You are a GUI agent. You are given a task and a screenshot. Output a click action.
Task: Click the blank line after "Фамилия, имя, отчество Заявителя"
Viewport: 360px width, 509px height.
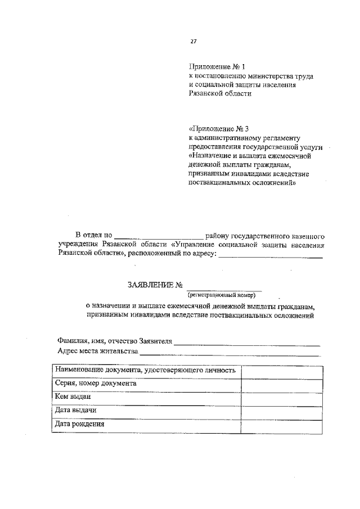click(x=247, y=341)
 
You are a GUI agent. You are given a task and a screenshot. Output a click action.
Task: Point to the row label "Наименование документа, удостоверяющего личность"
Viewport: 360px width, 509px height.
click(x=146, y=371)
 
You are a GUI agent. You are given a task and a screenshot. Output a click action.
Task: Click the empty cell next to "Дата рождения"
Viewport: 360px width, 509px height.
click(x=282, y=426)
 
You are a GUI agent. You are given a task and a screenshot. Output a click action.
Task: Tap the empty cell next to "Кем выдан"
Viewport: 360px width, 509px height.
click(x=282, y=398)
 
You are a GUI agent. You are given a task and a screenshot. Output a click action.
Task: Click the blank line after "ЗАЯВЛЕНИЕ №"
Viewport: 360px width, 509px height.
click(x=225, y=287)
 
